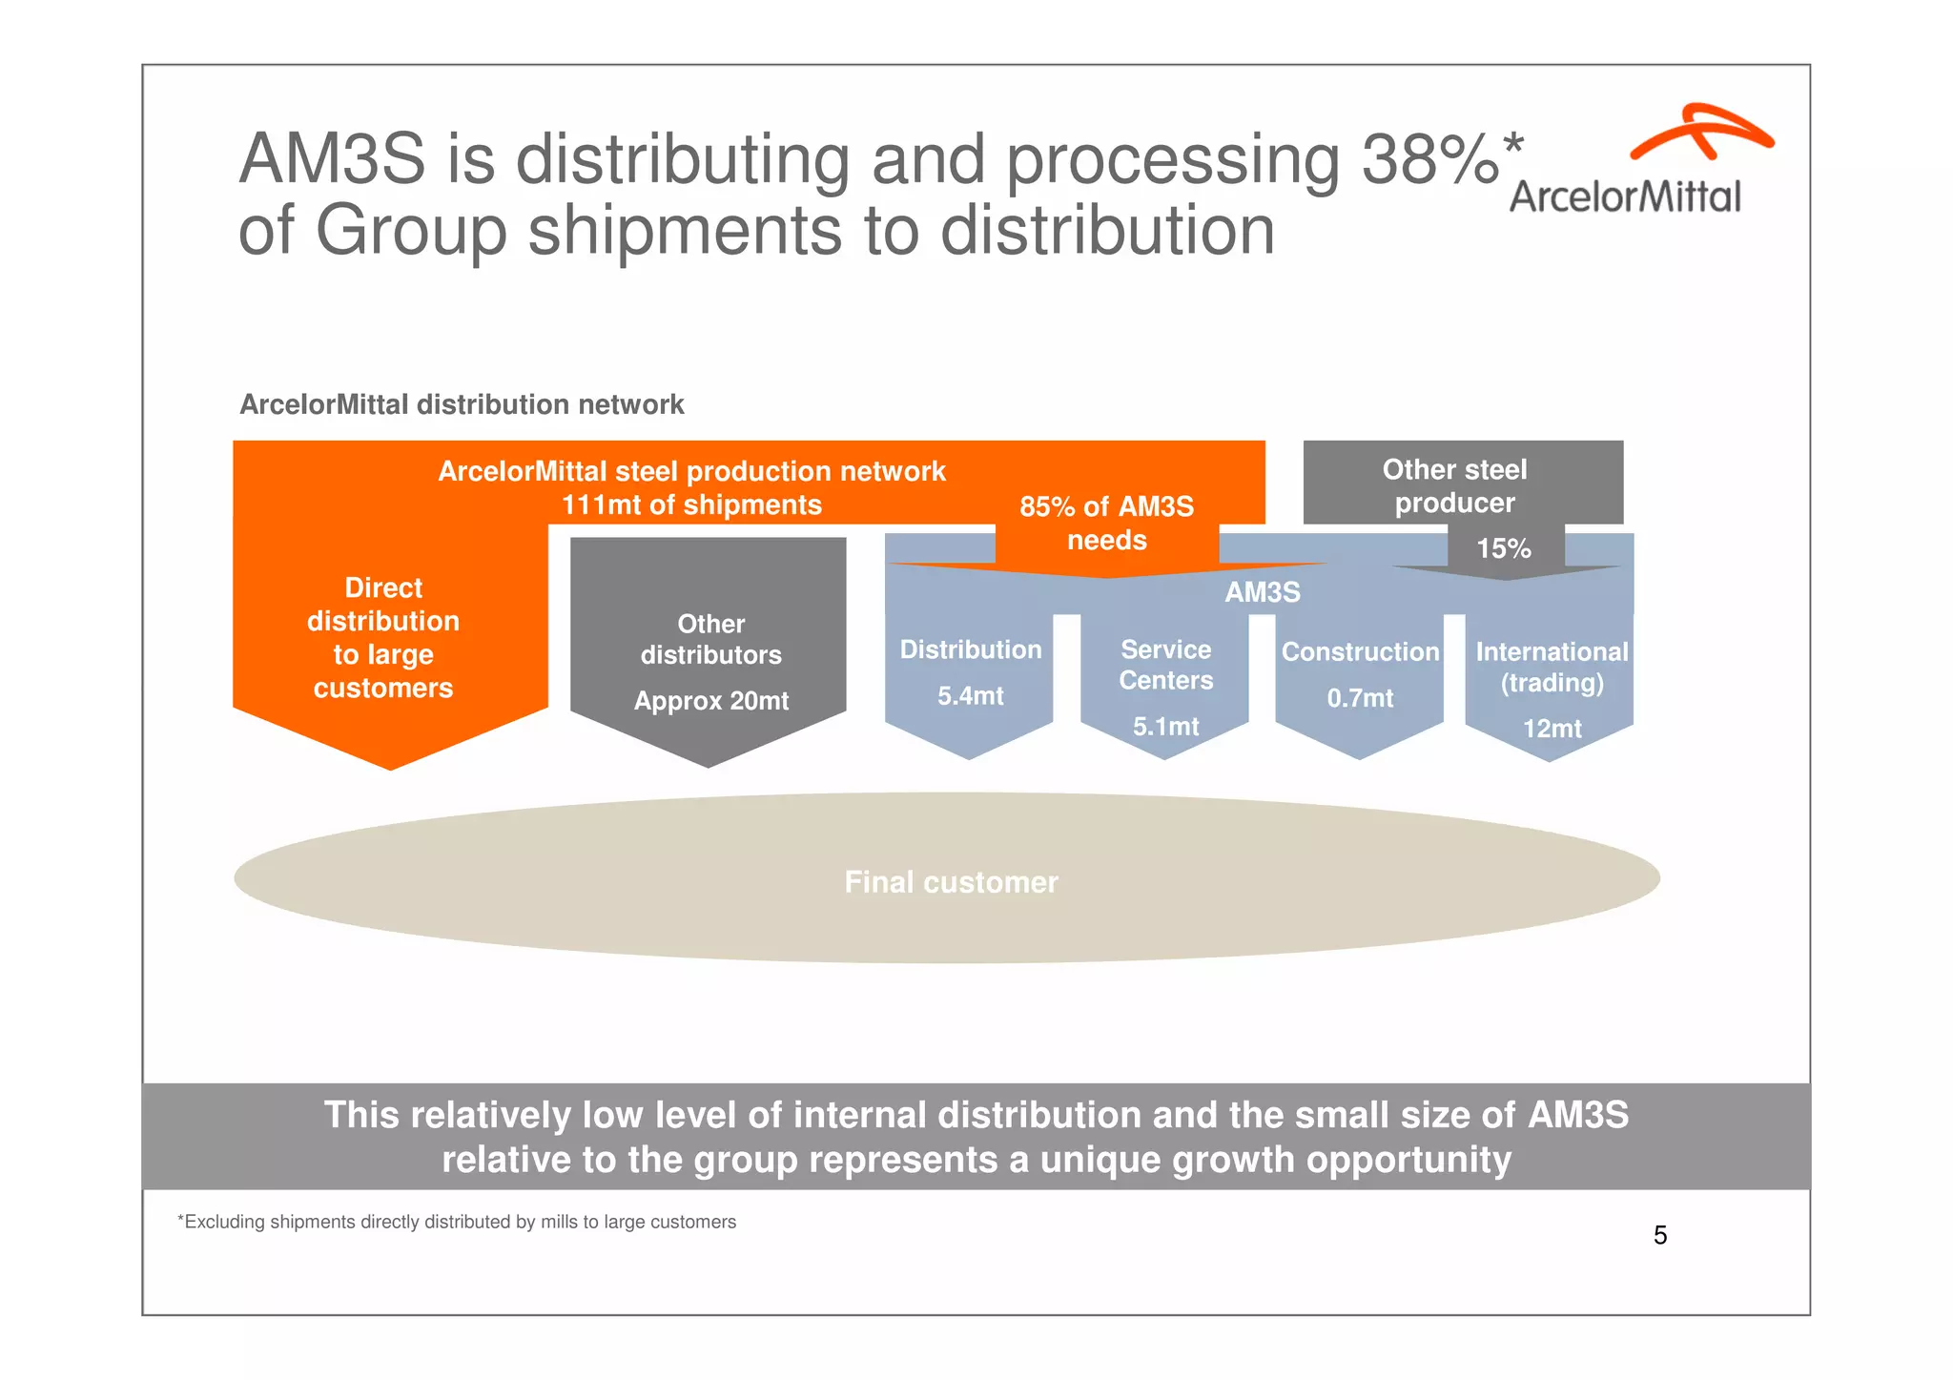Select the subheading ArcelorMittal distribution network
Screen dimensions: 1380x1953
pos(462,404)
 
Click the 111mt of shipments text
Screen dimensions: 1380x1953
pos(691,505)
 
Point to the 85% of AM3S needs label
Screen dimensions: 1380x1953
pos(1106,523)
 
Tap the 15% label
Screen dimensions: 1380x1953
pos(1504,548)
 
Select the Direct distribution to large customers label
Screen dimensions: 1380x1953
pos(383,637)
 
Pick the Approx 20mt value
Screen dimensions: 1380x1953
pos(711,701)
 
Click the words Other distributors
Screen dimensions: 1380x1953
pos(711,639)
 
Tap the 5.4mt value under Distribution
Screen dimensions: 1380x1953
pos(971,696)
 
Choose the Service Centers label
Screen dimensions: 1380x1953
pos(1166,665)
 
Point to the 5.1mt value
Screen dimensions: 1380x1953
pos(1166,727)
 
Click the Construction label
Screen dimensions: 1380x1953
pos(1360,652)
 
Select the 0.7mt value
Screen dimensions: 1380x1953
pos(1360,698)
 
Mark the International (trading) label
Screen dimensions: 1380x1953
pos(1552,667)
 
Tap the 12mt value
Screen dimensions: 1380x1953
pos(1552,729)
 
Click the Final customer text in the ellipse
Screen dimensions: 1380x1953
pos(951,882)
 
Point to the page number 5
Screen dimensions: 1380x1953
pos(1660,1235)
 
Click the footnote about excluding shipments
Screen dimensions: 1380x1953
pos(457,1222)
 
